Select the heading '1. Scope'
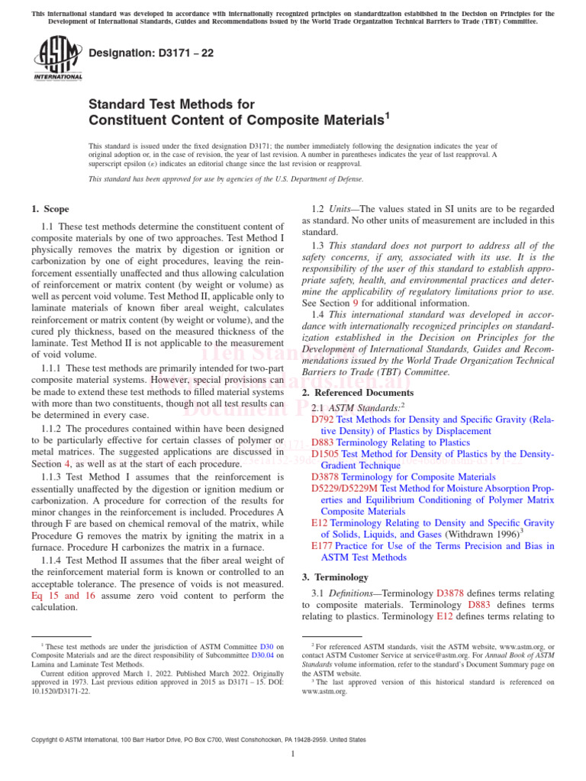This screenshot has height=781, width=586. (x=50, y=209)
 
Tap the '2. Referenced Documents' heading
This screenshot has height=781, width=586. (x=353, y=392)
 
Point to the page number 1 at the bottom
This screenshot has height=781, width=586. (x=293, y=754)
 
